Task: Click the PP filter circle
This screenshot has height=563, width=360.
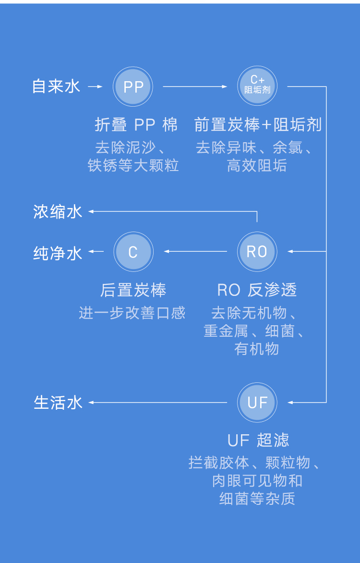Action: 133,86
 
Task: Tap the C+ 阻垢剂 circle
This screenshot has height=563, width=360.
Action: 257,86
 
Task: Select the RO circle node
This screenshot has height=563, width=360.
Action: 257,251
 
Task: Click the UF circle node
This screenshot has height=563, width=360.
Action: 257,403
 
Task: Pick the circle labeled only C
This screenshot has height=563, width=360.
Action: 133,251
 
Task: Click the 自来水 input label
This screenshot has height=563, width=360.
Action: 56,86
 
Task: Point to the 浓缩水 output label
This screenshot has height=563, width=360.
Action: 58,211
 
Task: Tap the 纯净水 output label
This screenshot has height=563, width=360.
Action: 58,253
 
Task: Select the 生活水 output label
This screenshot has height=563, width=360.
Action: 58,403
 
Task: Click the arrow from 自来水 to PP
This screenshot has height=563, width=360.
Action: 96,87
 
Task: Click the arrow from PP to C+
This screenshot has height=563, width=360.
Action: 195,86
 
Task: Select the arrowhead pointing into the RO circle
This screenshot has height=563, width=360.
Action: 290,251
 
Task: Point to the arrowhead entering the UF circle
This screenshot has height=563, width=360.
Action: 290,403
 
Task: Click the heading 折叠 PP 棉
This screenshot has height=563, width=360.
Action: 136,125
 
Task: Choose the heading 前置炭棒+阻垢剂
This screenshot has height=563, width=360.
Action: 258,125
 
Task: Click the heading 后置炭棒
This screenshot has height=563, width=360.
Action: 133,290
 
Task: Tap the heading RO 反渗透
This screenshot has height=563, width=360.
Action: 257,290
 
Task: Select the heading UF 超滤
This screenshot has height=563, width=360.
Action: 258,440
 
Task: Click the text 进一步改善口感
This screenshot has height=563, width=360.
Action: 132,313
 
